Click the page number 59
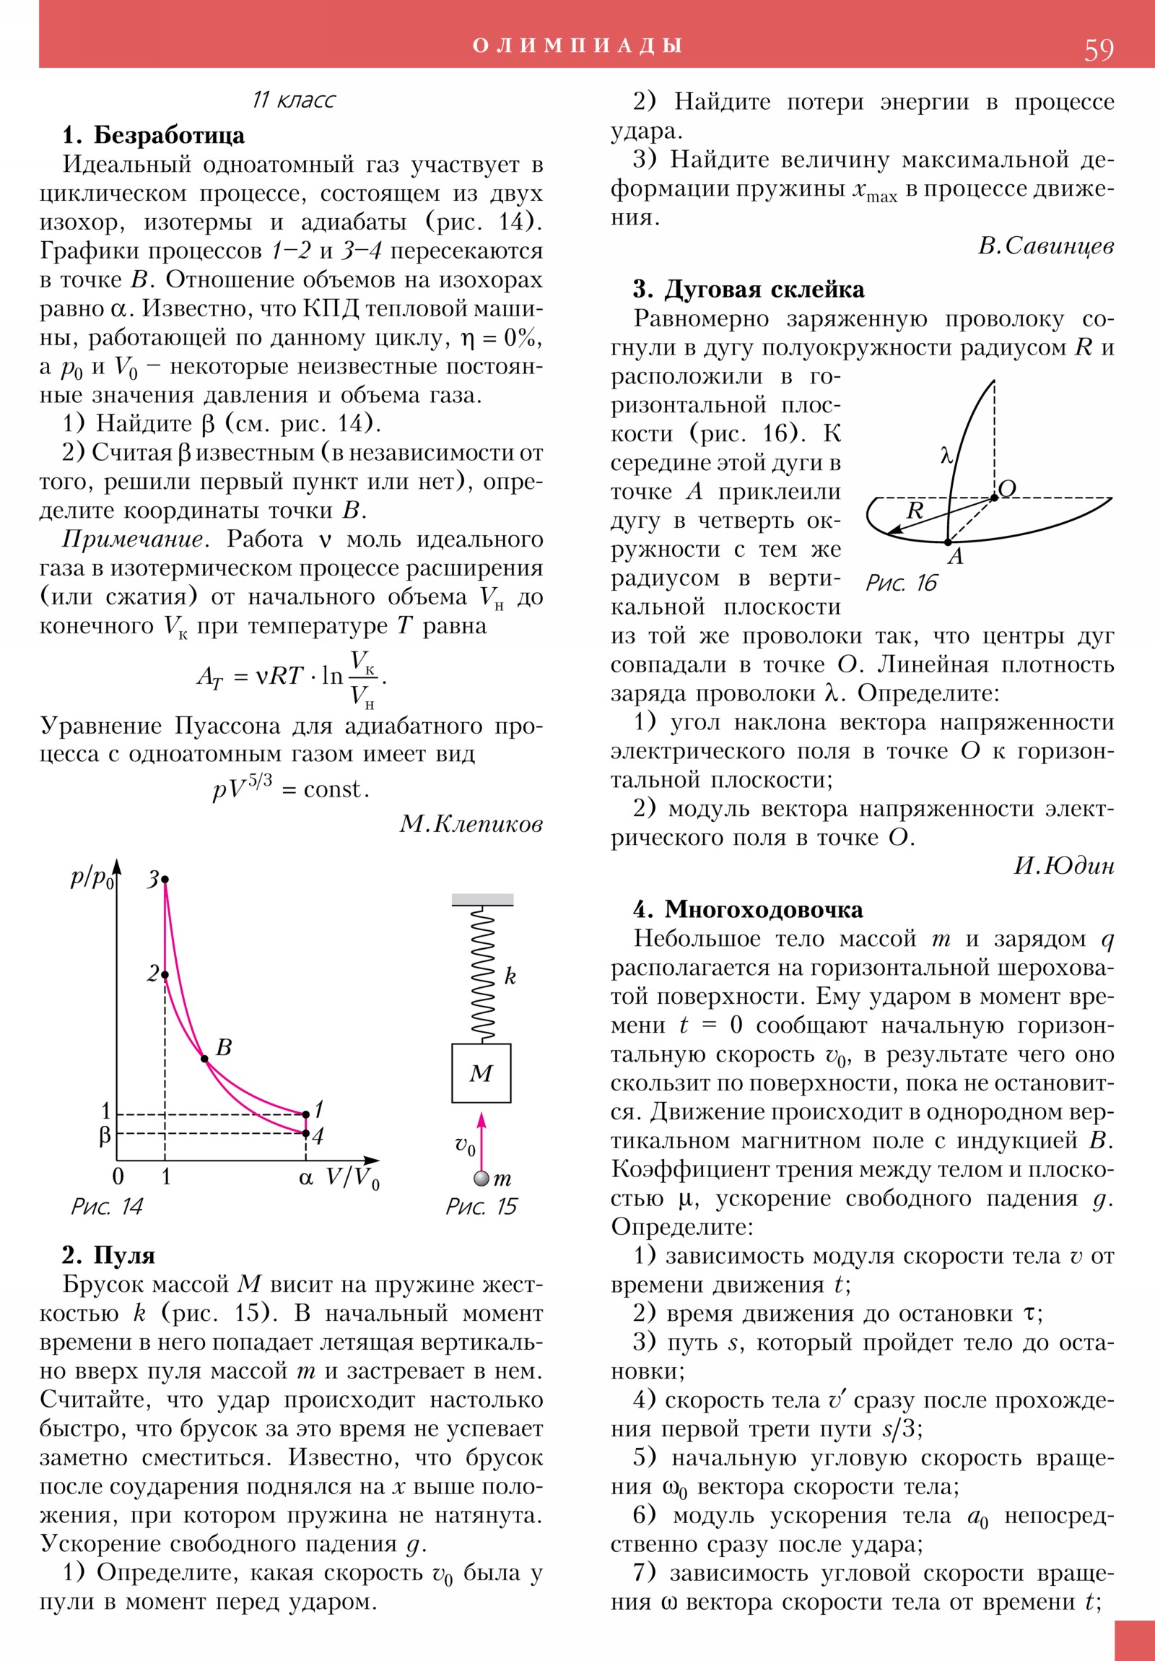1098,50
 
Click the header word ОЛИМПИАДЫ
577,45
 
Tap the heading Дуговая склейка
764,290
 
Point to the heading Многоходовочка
764,909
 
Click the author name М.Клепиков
471,823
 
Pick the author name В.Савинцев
1045,247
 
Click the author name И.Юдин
1064,866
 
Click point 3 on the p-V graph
165,880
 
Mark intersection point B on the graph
205,1059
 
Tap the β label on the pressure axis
105,1135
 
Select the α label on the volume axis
306,1177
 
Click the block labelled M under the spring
481,1073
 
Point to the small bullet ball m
481,1179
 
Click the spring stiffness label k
510,976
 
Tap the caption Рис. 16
901,583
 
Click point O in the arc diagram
995,498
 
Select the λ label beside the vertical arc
946,456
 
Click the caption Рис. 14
107,1206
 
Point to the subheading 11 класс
294,100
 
